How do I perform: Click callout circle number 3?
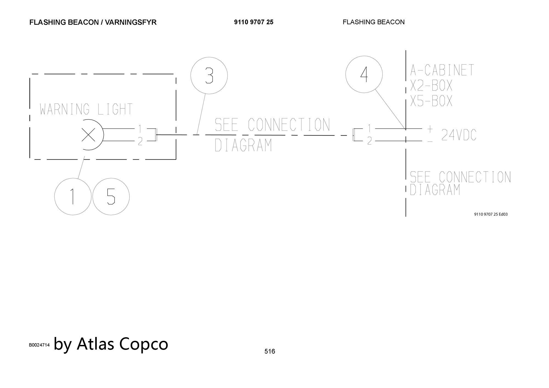[209, 75]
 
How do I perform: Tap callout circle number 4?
[364, 74]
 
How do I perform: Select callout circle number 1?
[73, 196]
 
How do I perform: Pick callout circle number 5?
[111, 196]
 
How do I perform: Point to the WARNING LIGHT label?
[86, 109]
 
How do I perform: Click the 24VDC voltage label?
[459, 135]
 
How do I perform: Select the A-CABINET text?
[442, 70]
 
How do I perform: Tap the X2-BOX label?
[431, 86]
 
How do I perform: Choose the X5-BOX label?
[431, 101]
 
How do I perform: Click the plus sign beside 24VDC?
[430, 129]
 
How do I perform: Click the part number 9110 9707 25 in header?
[254, 22]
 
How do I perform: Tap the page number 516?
[270, 351]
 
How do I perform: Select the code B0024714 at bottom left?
[39, 345]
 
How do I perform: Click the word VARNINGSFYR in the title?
[131, 22]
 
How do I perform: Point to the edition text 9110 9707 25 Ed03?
[491, 214]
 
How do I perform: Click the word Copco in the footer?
[144, 344]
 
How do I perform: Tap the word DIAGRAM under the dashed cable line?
[243, 145]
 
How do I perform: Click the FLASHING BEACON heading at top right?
[374, 22]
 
